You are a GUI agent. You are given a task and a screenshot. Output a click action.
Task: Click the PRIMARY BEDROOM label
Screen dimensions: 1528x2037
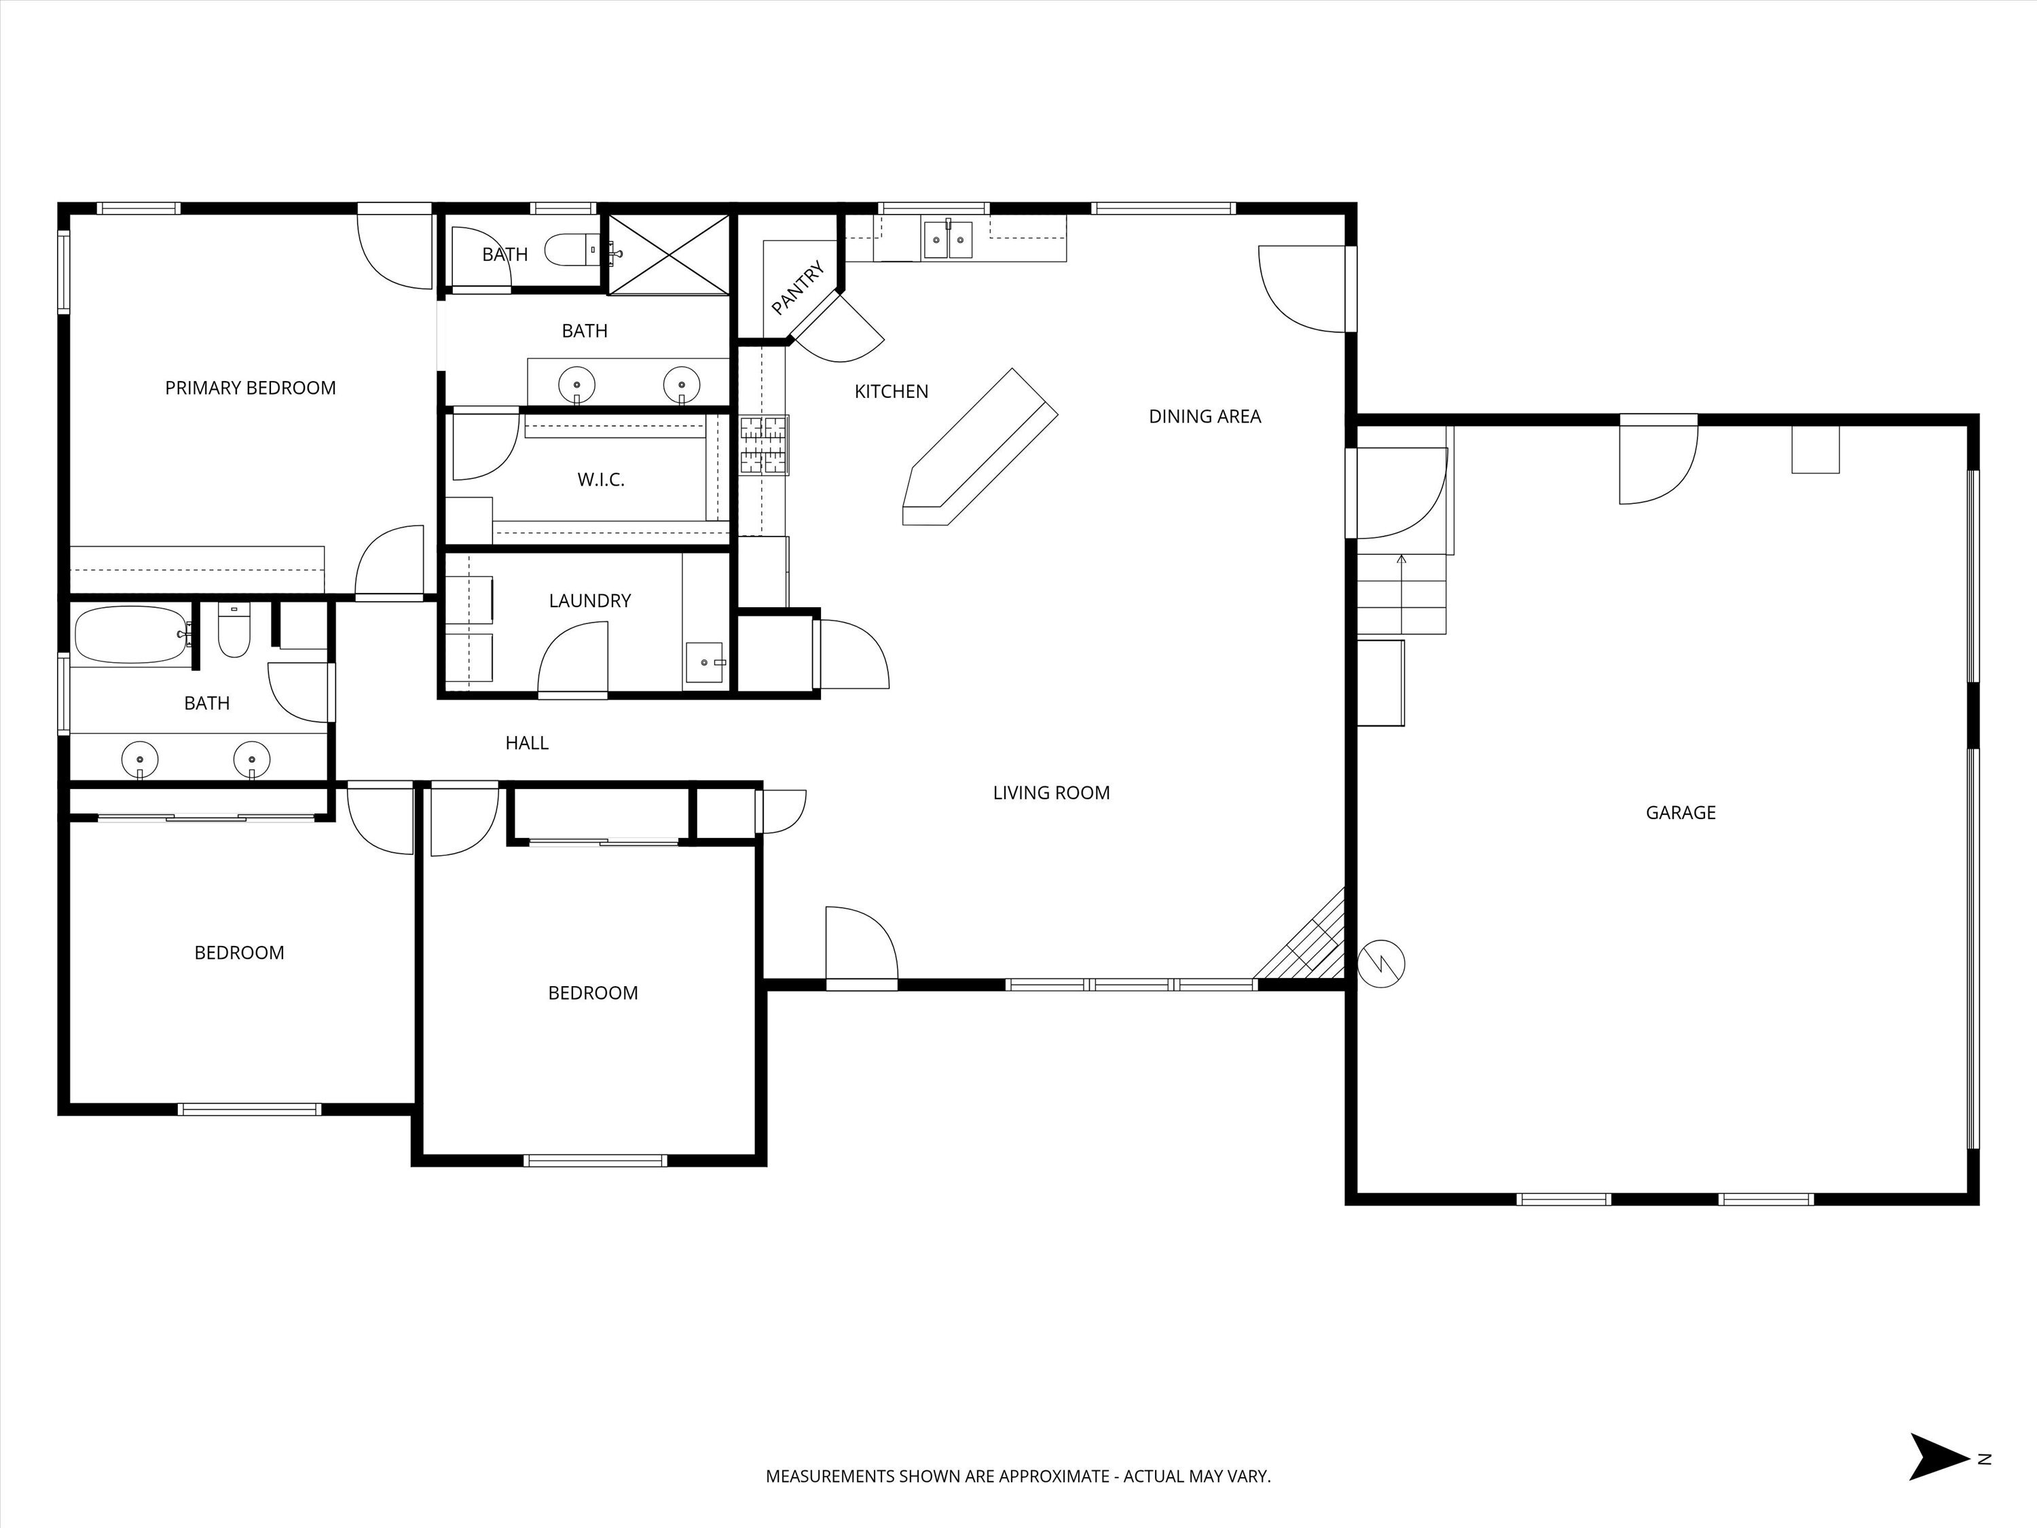(251, 388)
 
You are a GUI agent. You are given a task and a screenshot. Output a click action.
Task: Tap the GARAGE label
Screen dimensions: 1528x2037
(1681, 812)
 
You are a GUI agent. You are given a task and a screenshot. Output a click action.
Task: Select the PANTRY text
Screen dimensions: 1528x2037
(798, 287)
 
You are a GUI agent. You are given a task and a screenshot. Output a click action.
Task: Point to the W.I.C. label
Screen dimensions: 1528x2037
(600, 480)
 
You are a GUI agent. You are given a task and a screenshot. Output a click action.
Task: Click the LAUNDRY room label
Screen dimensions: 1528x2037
(589, 600)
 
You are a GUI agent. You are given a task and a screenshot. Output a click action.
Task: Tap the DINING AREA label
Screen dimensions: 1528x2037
(1205, 416)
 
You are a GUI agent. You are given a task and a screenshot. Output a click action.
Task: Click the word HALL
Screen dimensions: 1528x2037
(527, 743)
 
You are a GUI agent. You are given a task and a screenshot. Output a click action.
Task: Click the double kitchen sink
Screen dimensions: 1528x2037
(948, 240)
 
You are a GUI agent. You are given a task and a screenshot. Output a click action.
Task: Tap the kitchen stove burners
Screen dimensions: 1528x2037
(765, 445)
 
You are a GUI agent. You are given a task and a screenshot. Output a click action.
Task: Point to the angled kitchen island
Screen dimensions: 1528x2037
(980, 448)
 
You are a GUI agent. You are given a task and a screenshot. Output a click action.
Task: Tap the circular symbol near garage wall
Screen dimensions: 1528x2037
(1381, 964)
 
